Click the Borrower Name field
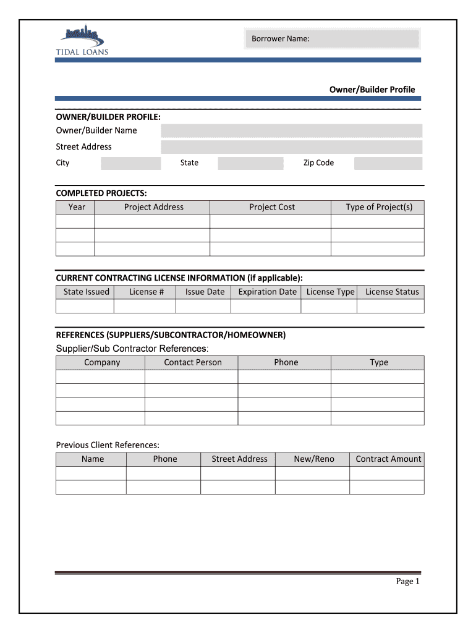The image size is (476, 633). pyautogui.click(x=332, y=40)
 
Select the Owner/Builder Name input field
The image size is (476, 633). pyautogui.click(x=291, y=130)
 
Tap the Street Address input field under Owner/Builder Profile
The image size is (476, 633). pyautogui.click(x=291, y=147)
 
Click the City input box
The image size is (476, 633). pyautogui.click(x=130, y=163)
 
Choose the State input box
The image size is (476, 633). pyautogui.click(x=250, y=163)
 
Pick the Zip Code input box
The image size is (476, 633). pyautogui.click(x=388, y=163)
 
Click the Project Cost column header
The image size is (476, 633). pyautogui.click(x=271, y=207)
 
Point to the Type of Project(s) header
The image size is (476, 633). pyautogui.click(x=378, y=207)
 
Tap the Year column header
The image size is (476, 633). pyautogui.click(x=77, y=207)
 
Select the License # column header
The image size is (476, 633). pyautogui.click(x=147, y=292)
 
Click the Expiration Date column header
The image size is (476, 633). pyautogui.click(x=267, y=292)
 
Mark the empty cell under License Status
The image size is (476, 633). pyautogui.click(x=391, y=307)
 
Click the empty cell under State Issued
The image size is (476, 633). pyautogui.click(x=85, y=307)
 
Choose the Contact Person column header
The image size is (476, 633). pyautogui.click(x=192, y=362)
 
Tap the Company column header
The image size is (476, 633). pyautogui.click(x=102, y=362)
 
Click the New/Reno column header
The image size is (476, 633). pyautogui.click(x=313, y=459)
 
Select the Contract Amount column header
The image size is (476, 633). pyautogui.click(x=388, y=459)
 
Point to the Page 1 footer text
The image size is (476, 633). pyautogui.click(x=407, y=581)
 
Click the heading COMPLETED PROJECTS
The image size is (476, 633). pyautogui.click(x=101, y=193)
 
